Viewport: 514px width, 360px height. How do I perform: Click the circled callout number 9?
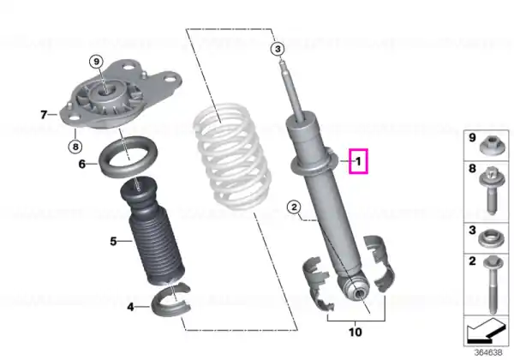[96, 62]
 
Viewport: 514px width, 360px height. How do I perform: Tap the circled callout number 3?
[278, 49]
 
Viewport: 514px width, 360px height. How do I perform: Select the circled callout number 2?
[294, 207]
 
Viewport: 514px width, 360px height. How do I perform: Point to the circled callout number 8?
[75, 147]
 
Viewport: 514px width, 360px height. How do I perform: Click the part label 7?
[44, 115]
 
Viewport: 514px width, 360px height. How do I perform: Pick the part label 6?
[82, 164]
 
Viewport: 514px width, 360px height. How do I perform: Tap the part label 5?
[113, 242]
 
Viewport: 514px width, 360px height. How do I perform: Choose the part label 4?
[130, 307]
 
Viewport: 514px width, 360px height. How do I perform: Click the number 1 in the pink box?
[358, 161]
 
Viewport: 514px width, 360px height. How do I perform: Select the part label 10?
[356, 332]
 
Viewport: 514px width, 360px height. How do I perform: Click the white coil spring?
[232, 157]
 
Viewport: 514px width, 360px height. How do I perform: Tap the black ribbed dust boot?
[152, 231]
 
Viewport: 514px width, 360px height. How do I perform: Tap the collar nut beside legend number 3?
[490, 238]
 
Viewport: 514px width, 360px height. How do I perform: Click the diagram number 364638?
[488, 352]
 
